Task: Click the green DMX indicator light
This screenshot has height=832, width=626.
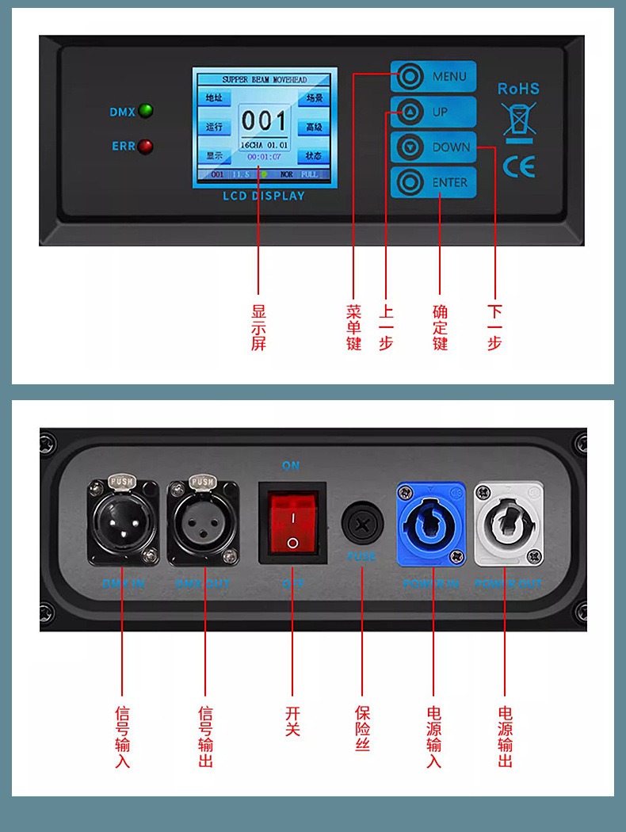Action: click(146, 111)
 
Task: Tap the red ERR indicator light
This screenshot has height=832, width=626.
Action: click(146, 147)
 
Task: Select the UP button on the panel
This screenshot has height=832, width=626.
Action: click(433, 112)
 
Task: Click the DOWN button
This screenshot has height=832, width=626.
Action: click(433, 147)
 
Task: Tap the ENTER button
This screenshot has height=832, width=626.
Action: click(433, 182)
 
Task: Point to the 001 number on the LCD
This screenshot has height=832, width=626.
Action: click(264, 121)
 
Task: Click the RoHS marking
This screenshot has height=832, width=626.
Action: click(518, 89)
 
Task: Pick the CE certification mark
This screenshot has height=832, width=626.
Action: click(518, 166)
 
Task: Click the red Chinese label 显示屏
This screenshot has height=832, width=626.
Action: click(258, 327)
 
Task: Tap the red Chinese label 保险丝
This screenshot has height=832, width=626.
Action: click(362, 728)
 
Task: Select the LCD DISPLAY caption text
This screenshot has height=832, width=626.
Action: click(264, 196)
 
